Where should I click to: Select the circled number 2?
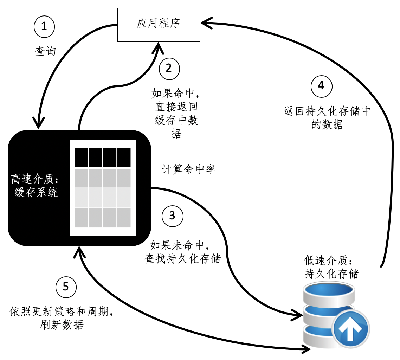tap(169, 68)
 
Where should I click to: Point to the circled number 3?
tap(172, 216)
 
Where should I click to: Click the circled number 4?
tap(321, 86)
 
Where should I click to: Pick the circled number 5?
tap(66, 287)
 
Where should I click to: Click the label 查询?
tap(45, 52)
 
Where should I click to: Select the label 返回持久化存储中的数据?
tap(327, 118)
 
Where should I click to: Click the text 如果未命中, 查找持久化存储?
tap(183, 252)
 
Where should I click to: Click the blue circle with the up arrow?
tap(350, 329)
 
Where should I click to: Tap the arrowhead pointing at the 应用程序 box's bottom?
tap(159, 47)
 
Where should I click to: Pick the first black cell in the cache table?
tap(81, 157)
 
